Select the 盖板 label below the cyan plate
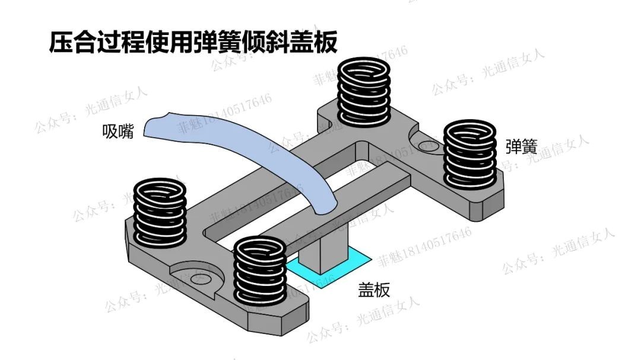click(373, 290)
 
